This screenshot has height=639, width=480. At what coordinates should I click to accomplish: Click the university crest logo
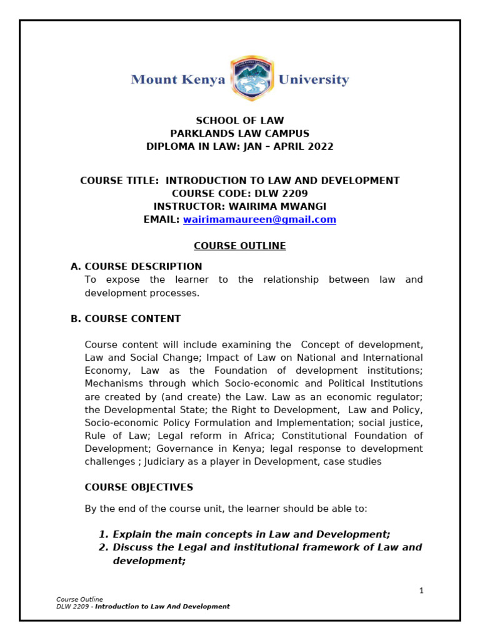tap(251, 79)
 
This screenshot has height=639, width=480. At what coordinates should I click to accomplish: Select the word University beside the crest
tap(313, 80)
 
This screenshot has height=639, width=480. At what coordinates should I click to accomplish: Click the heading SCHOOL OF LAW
tap(240, 120)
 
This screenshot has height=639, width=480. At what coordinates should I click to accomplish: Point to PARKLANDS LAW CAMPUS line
tap(240, 134)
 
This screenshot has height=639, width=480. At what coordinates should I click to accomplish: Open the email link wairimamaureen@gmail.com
tap(259, 220)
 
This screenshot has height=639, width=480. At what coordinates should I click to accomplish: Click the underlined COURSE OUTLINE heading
tap(239, 246)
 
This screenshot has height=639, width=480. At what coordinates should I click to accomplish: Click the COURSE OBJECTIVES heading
tap(139, 487)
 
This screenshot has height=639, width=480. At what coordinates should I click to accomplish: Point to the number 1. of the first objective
tap(104, 534)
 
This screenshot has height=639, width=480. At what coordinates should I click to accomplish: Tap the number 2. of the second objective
tap(104, 547)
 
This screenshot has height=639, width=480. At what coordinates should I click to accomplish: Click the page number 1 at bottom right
tap(421, 590)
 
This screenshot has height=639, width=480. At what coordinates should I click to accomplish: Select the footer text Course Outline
tap(79, 600)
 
